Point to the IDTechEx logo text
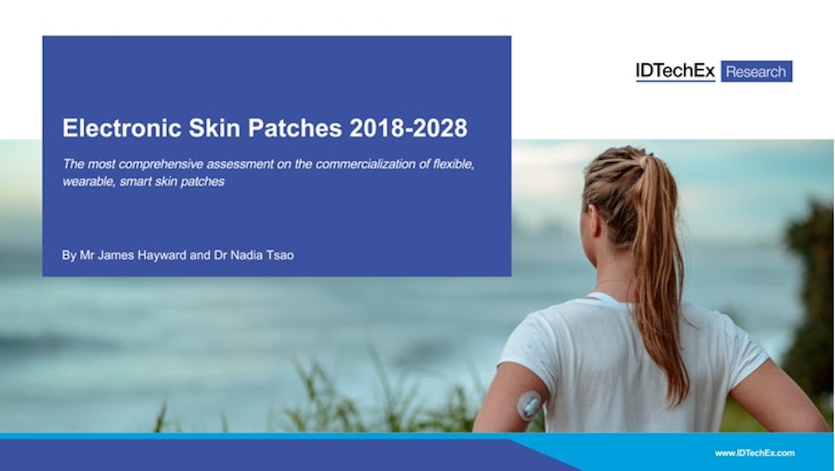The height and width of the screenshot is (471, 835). [x=675, y=71]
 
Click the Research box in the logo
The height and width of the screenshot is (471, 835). [x=756, y=71]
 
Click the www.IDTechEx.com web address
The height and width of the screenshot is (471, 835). [x=755, y=453]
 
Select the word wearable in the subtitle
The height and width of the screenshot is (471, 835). [x=83, y=182]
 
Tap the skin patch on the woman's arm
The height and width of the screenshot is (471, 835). [x=530, y=405]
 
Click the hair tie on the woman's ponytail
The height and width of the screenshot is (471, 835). [x=644, y=161]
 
